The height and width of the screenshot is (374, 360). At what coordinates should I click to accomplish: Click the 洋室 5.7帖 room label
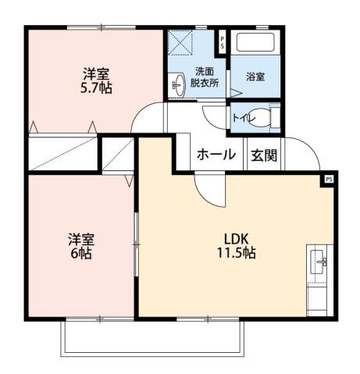(x=98, y=81)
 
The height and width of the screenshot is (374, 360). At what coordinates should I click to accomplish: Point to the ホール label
(x=216, y=155)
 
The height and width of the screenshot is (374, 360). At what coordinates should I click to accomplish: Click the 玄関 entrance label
(x=263, y=155)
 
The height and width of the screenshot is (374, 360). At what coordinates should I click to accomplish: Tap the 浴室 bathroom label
(x=255, y=77)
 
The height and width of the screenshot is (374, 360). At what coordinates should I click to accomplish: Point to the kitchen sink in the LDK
(x=318, y=263)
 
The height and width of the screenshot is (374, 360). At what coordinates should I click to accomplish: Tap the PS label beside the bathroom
(x=222, y=42)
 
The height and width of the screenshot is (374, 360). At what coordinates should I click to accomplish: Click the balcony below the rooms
(x=152, y=337)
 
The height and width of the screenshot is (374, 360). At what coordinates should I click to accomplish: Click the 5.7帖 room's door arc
(x=146, y=118)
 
